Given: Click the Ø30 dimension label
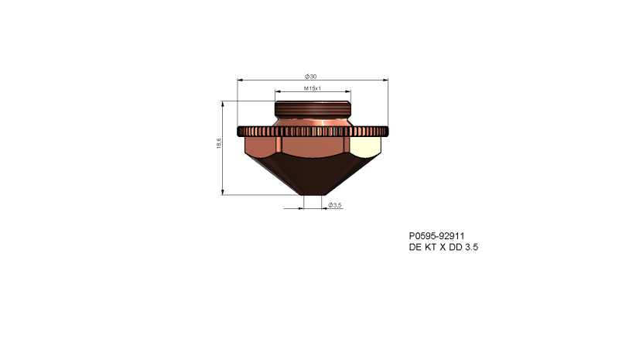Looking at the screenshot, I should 311,76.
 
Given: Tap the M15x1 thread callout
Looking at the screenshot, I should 312,89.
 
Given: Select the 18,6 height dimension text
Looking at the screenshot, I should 219,144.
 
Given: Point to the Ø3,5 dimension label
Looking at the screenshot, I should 335,205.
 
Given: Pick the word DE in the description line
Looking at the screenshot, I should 416,247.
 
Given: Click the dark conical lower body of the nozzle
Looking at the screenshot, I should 313,175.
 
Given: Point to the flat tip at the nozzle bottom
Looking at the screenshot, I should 313,193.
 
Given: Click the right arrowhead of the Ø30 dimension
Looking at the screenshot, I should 384,79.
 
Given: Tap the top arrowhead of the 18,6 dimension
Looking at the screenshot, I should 223,104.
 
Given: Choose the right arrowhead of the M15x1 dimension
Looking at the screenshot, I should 348,93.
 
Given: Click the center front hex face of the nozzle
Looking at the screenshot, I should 313,148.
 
